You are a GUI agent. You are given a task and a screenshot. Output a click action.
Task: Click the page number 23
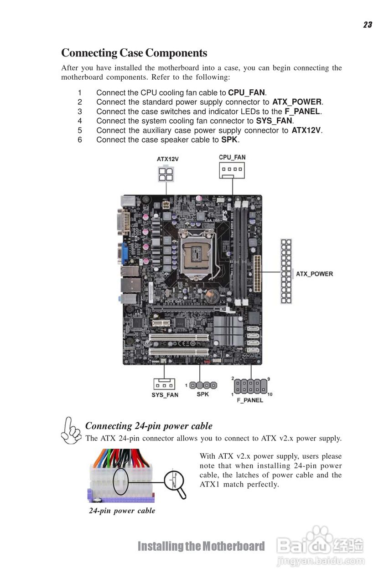coord(368,25)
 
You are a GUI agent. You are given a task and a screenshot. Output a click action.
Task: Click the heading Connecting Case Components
coord(134,53)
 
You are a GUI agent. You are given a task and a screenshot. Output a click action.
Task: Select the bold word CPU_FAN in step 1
coord(247,92)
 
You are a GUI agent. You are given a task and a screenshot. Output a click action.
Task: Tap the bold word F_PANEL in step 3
coord(302,112)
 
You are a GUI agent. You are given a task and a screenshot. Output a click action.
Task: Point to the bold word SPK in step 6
coord(229,140)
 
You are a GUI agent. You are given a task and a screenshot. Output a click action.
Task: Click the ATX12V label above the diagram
coord(167,159)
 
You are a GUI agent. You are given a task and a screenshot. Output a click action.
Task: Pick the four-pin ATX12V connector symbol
coord(166,174)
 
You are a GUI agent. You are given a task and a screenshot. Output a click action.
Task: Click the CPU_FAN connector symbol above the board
coord(232,170)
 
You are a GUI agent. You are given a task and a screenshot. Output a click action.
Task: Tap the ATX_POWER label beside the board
coord(314,274)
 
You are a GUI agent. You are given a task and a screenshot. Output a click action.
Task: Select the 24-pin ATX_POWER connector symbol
coord(286,271)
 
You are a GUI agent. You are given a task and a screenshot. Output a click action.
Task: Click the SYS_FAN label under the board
coord(165,395)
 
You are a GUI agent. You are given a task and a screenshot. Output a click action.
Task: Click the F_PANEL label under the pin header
coord(250,400)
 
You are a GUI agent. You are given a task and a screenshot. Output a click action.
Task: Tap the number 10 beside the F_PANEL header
coord(270,394)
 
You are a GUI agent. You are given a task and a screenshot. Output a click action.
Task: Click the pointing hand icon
coord(71,431)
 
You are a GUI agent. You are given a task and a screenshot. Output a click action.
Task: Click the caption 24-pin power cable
coord(122,511)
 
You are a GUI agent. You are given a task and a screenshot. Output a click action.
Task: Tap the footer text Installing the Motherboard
coord(201,546)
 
